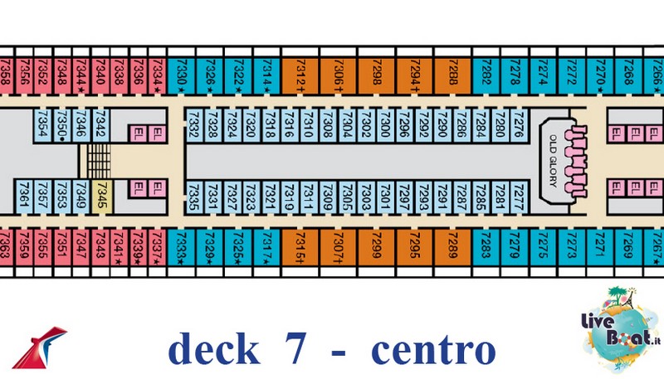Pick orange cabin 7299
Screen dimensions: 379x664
pyautogui.click(x=376, y=245)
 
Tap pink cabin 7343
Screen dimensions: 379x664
pyautogui.click(x=100, y=245)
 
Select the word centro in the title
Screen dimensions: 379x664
pyautogui.click(x=432, y=349)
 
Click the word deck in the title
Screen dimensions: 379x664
pyautogui.click(x=212, y=349)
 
